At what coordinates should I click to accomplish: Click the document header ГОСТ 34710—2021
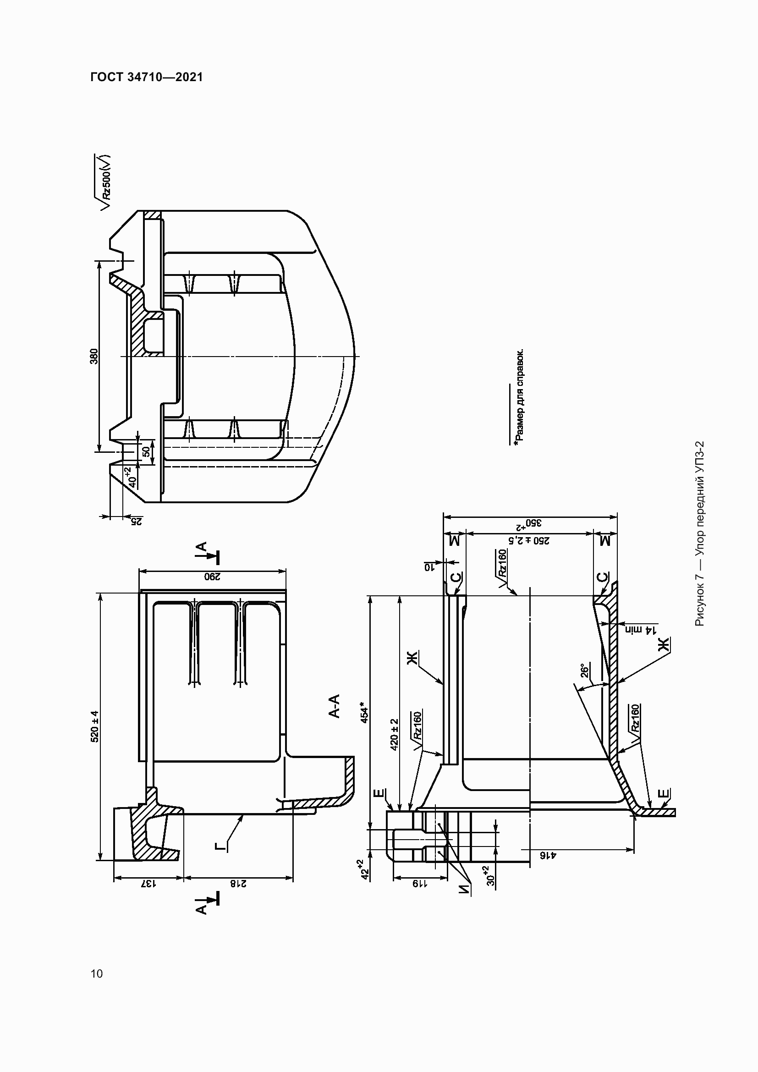pyautogui.click(x=147, y=77)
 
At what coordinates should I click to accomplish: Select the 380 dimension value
pyautogui.click(x=94, y=356)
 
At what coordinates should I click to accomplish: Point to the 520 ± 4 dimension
pyautogui.click(x=95, y=726)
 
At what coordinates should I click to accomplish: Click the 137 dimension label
pyautogui.click(x=148, y=883)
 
